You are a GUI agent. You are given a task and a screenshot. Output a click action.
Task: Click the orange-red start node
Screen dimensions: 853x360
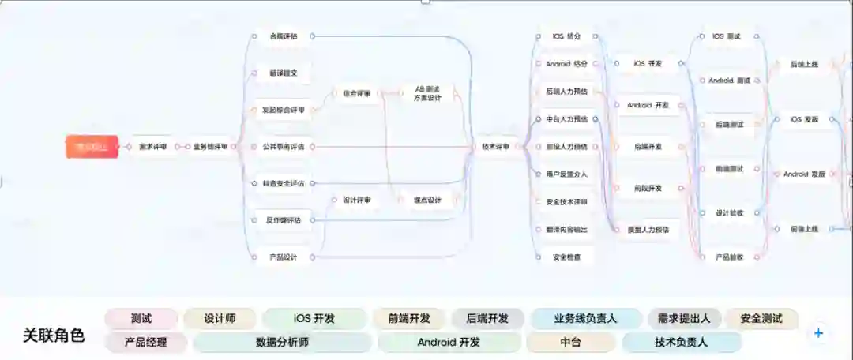point(92,147)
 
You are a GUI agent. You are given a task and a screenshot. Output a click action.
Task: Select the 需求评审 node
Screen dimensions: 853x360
point(152,147)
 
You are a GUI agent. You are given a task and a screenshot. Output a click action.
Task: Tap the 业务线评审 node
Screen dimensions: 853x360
point(210,147)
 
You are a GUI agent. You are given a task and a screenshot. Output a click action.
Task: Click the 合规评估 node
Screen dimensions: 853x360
point(283,36)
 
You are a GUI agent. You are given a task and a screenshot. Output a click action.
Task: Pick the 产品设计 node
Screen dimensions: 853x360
point(283,257)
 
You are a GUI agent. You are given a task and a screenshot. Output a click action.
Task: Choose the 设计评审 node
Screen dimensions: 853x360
point(356,201)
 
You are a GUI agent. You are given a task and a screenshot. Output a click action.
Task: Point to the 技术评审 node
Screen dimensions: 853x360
point(496,147)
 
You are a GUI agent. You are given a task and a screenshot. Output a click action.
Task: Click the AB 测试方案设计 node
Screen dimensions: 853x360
point(427,93)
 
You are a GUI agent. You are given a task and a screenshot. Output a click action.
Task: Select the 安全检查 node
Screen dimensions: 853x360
point(566,257)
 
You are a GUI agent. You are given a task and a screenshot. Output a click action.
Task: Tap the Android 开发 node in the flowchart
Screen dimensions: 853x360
point(648,105)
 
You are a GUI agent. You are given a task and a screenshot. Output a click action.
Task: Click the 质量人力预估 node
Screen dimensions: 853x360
point(648,230)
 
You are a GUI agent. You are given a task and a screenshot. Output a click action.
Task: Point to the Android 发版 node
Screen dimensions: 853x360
point(804,174)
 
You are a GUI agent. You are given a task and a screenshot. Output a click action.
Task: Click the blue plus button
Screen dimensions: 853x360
point(818,333)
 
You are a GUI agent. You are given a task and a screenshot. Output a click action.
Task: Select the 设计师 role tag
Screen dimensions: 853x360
point(220,319)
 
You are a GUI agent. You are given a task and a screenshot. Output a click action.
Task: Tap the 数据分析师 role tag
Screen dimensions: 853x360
point(282,343)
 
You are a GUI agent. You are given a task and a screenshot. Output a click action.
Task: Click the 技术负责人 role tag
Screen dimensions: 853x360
point(681,343)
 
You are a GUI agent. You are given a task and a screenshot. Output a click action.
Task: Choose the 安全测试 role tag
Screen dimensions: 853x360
point(761,319)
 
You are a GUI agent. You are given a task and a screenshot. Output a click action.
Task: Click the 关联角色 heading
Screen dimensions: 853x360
point(54,336)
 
